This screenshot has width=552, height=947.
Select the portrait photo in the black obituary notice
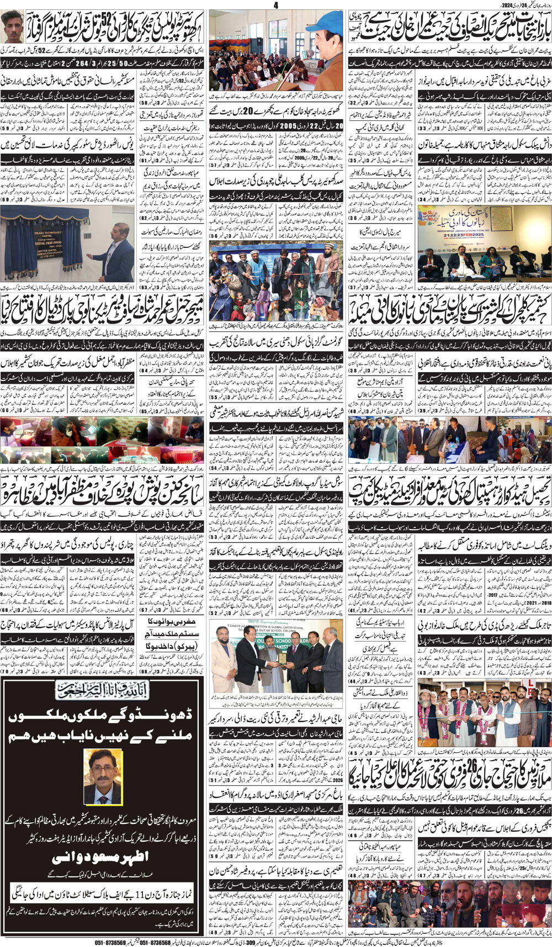pos(103,776)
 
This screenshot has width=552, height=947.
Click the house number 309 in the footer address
pos(250,942)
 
